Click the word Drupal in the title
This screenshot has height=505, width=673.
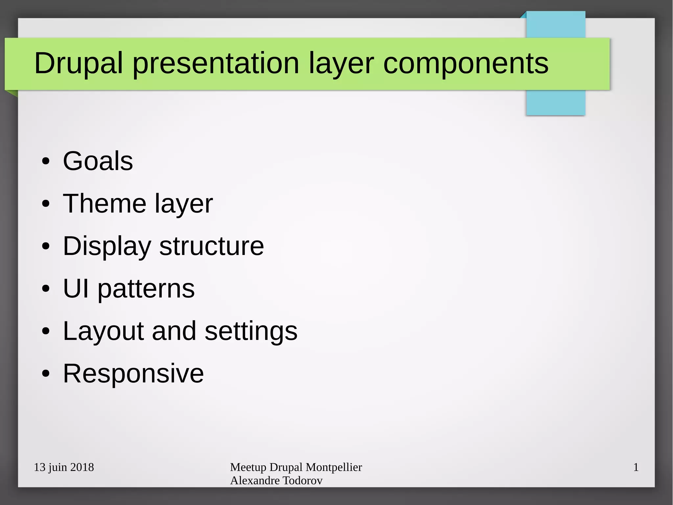pos(78,63)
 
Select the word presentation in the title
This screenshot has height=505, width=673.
pos(216,63)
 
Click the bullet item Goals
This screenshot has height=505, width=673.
pos(98,161)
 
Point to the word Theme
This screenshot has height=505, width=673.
pos(104,204)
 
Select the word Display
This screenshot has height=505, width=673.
pos(107,246)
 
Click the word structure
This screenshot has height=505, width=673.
pos(212,246)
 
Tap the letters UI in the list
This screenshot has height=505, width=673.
pos(76,289)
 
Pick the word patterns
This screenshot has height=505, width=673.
pos(146,289)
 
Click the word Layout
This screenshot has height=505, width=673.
pos(103,331)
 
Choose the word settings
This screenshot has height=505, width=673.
pos(251,331)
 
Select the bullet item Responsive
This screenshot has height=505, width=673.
pos(133,373)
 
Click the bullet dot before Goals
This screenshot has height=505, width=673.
pos(46,162)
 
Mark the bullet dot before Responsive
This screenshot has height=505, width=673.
pos(46,374)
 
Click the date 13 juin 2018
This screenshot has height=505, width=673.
pos(64,467)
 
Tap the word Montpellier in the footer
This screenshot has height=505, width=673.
pos(334,467)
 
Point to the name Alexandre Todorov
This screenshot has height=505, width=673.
pos(276,481)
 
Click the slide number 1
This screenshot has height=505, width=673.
pos(636,467)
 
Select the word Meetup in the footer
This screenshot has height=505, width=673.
pos(248,467)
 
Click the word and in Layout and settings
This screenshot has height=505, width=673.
pos(174,331)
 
